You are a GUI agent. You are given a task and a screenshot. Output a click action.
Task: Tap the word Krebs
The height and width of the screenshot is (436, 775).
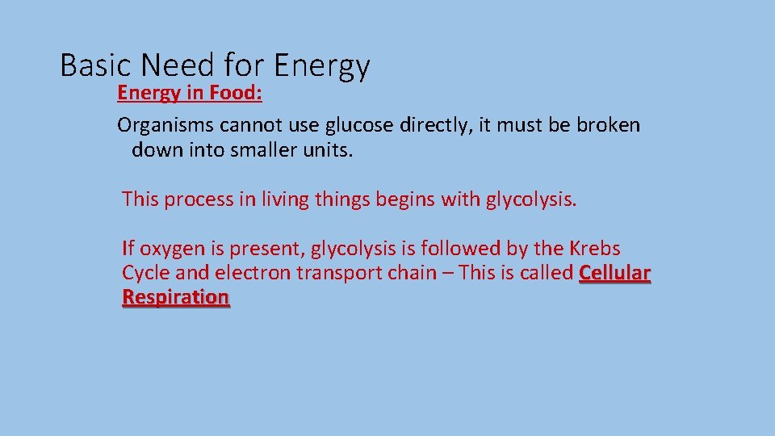[595, 248]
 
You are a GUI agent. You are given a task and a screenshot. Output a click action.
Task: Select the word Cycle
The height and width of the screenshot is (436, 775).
[145, 273]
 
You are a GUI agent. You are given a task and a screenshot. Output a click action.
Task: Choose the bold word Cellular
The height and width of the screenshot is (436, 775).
[615, 273]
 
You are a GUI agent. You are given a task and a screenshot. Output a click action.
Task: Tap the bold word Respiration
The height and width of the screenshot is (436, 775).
[176, 297]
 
